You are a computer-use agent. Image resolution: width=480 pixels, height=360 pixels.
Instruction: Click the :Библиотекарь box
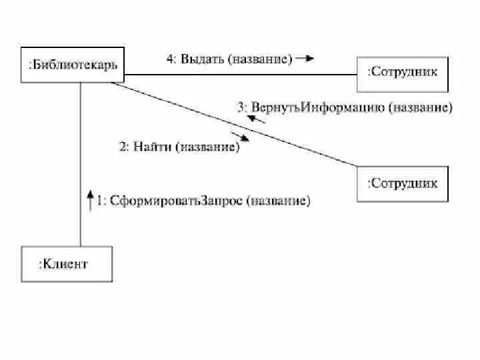point(73,65)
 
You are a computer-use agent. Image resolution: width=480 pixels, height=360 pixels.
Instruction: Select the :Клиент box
point(67,264)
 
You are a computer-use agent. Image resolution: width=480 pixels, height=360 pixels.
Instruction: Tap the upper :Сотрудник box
point(403,73)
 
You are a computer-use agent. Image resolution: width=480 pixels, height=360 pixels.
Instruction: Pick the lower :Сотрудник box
point(403,183)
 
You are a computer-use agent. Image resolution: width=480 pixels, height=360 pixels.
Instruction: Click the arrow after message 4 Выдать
point(305,59)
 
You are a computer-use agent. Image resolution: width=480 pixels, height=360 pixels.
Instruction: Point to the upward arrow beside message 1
point(91,200)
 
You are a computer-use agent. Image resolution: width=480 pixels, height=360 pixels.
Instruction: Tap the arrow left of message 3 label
point(253,118)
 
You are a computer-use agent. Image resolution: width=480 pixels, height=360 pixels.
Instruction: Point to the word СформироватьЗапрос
point(175,201)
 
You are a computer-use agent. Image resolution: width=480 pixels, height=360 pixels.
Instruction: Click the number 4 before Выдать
point(171,59)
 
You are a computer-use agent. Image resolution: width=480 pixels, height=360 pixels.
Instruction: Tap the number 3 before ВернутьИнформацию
point(241,108)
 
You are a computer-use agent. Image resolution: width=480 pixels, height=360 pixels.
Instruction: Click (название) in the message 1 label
point(278,201)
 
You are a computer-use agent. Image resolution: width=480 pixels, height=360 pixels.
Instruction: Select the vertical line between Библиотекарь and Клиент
point(81,167)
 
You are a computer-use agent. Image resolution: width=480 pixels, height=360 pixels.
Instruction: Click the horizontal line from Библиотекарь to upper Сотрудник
point(240,75)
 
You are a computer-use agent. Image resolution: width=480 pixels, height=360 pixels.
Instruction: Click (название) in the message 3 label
point(420,108)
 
